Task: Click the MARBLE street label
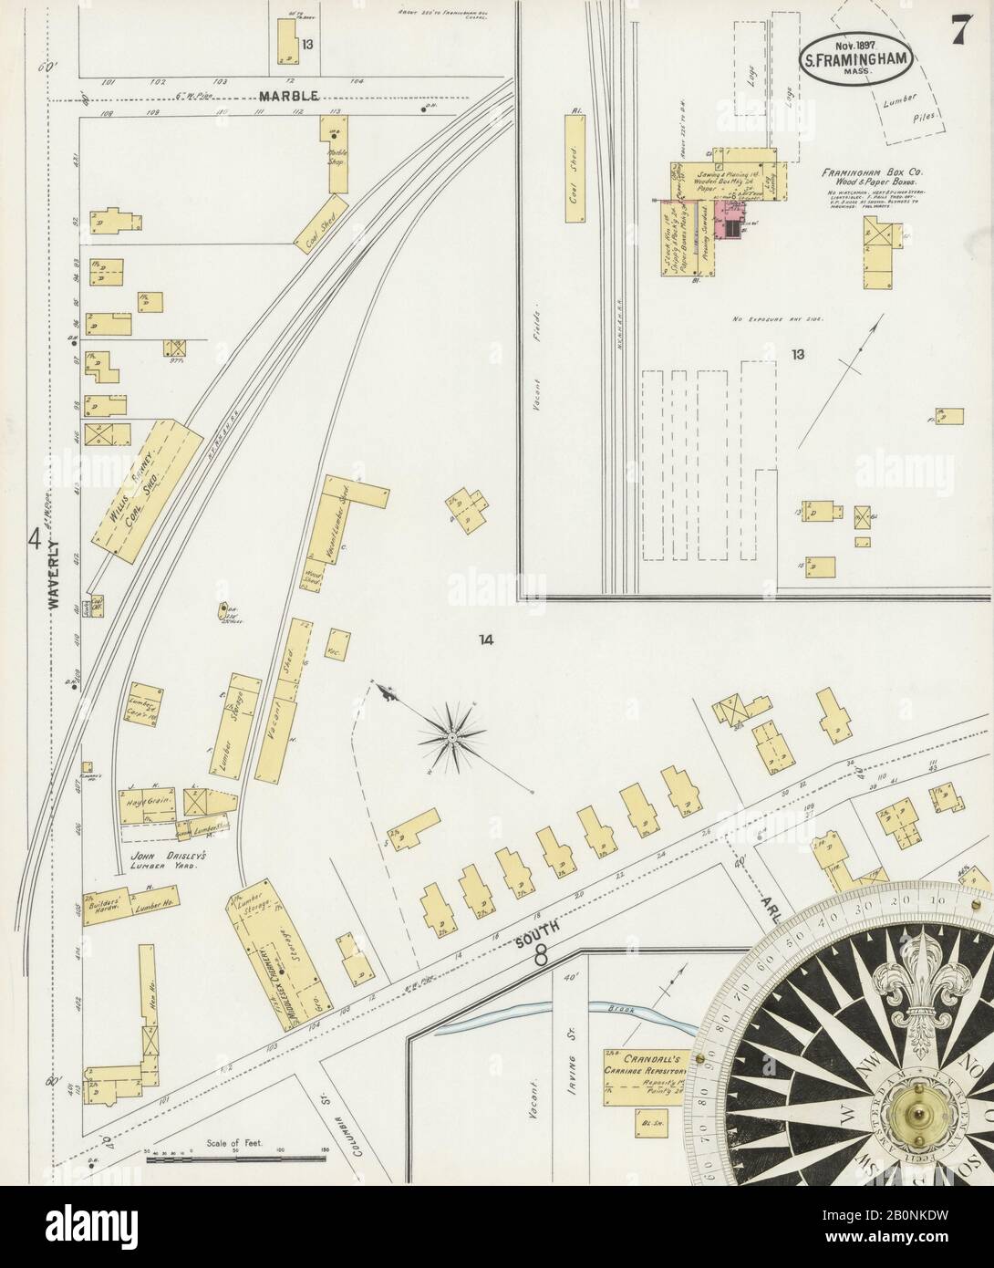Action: tap(287, 96)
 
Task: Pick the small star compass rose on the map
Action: tap(452, 733)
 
